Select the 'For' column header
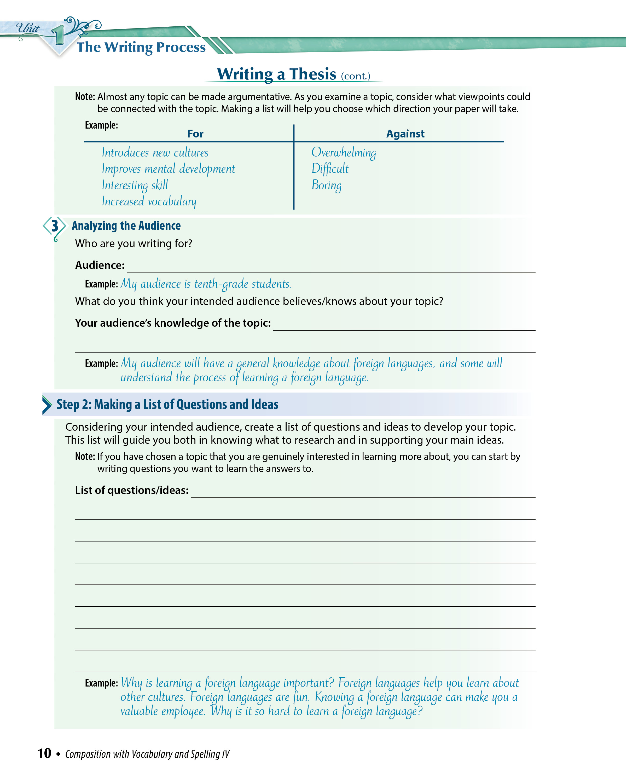click(195, 134)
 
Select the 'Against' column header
click(405, 134)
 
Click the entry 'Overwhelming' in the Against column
click(344, 152)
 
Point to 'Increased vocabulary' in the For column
click(149, 201)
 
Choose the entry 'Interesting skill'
click(135, 185)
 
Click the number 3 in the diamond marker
click(55, 226)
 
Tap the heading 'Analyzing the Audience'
click(126, 226)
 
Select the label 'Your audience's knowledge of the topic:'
click(173, 323)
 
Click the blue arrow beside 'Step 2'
click(47, 405)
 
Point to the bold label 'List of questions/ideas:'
click(132, 490)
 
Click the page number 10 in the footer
click(44, 753)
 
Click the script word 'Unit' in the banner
click(28, 28)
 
